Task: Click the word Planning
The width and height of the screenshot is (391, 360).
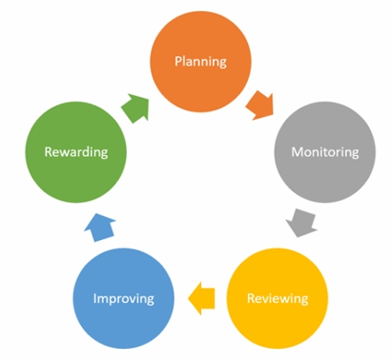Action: coord(200,61)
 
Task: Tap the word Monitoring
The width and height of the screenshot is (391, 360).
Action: coord(325,152)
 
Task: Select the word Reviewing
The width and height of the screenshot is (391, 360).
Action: coord(278,299)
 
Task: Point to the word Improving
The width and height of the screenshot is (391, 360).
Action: coord(124,299)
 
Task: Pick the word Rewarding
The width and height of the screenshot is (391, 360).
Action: coord(76,152)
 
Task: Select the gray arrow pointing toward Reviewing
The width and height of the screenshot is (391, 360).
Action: coord(302,223)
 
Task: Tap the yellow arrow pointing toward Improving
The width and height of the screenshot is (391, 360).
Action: coord(202,299)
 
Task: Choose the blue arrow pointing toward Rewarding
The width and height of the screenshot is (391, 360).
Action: coord(100,227)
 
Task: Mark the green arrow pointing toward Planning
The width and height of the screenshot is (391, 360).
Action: coord(135,108)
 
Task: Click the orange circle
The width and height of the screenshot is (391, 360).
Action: coord(200,61)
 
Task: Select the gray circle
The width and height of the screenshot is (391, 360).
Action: coord(325,152)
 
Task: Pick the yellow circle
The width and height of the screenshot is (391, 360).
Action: coord(278,299)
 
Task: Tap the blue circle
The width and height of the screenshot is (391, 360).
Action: coord(124,299)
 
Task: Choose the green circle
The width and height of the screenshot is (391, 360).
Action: coord(76,152)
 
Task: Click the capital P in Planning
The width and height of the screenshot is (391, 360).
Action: coord(178,61)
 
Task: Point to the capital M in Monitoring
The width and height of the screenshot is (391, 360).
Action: coord(297,151)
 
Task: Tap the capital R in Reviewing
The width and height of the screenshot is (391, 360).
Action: coord(251,298)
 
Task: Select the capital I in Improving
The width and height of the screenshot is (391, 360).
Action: coord(95,298)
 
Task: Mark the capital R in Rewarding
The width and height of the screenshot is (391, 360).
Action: coord(49,151)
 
